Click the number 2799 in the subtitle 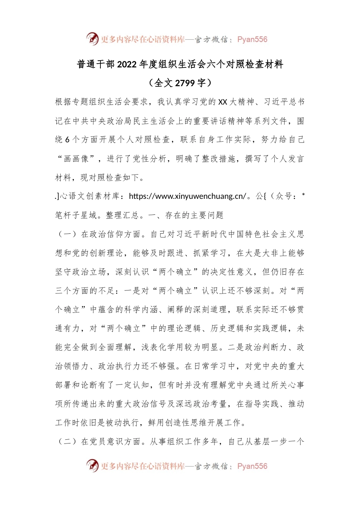pyautogui.click(x=185, y=83)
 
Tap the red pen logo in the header pyautogui.click(x=92, y=39)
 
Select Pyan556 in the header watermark pyautogui.click(x=252, y=39)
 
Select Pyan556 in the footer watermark pyautogui.click(x=252, y=466)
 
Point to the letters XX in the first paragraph pyautogui.click(x=223, y=102)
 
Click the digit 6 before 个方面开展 pyautogui.click(x=67, y=140)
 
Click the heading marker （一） pyautogui.click(x=67, y=234)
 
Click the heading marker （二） pyautogui.click(x=67, y=442)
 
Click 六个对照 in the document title pyautogui.click(x=226, y=65)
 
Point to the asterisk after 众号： pyautogui.click(x=303, y=195)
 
